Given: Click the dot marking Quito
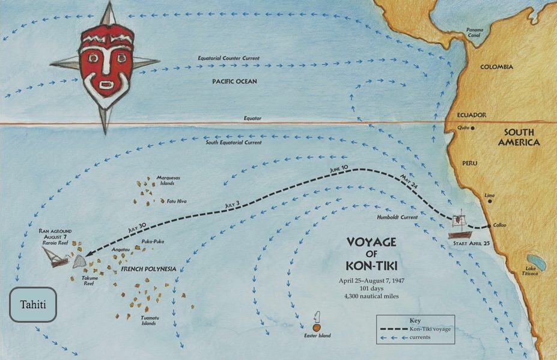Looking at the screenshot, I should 473,128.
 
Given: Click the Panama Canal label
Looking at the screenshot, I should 478,32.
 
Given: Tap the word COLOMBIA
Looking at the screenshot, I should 496,67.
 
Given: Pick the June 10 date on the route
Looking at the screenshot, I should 339,171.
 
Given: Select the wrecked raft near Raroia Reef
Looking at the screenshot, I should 55,257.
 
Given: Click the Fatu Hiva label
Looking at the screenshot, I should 178,201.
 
